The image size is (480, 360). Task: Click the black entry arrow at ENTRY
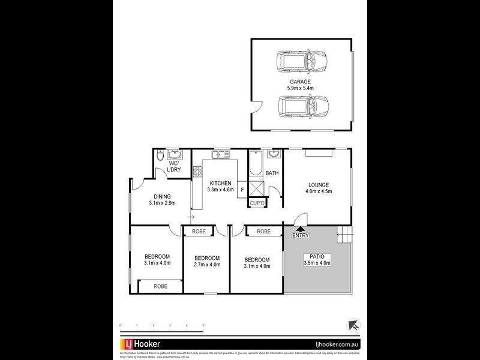pos(301,228)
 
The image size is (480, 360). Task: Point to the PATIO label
pos(317,256)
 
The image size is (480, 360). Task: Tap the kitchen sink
pos(220,155)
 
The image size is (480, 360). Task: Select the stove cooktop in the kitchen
pos(196,173)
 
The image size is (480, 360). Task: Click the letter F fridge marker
pos(242,190)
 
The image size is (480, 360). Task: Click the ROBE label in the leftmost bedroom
pos(160,286)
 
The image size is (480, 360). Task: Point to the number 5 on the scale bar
pos(203,325)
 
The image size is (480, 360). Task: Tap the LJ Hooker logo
pos(147,344)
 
